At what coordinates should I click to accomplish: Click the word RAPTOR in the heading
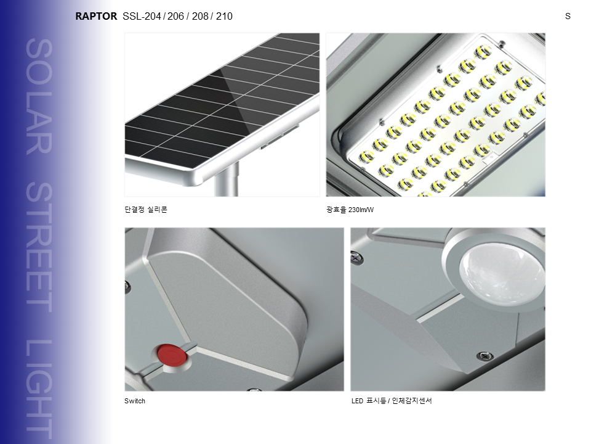pyautogui.click(x=96, y=16)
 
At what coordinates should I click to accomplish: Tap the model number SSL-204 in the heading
pyautogui.click(x=142, y=16)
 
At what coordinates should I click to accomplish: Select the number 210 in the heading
pyautogui.click(x=224, y=16)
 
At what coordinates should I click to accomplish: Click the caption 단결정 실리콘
pyautogui.click(x=146, y=210)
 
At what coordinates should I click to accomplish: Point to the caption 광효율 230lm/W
pyautogui.click(x=350, y=210)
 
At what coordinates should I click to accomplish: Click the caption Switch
pyautogui.click(x=135, y=401)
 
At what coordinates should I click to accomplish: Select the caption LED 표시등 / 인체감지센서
pyautogui.click(x=392, y=401)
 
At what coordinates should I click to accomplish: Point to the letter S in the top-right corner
pyautogui.click(x=568, y=16)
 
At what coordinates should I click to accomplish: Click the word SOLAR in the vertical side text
pyautogui.click(x=39, y=96)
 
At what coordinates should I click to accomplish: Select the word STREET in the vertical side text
pyautogui.click(x=39, y=248)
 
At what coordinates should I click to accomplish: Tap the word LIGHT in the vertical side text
pyautogui.click(x=39, y=389)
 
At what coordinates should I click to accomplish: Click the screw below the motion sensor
pyautogui.click(x=484, y=355)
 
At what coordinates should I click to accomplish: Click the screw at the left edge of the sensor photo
pyautogui.click(x=356, y=258)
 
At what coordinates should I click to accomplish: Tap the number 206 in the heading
pyautogui.click(x=175, y=16)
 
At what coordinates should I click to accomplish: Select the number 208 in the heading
pyautogui.click(x=200, y=16)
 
